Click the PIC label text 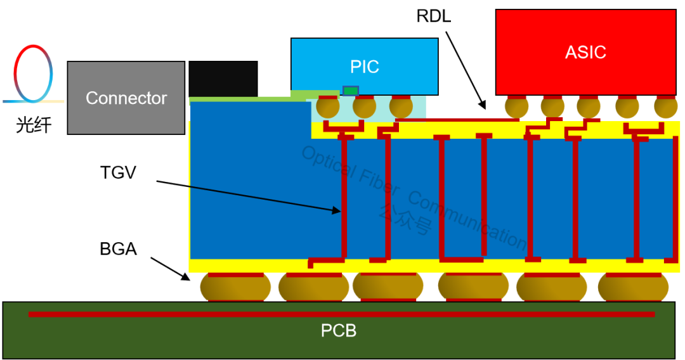coord(365,67)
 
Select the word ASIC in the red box coord(585,52)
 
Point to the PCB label coord(338,331)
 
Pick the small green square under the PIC coord(350,91)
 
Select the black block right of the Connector coord(223,79)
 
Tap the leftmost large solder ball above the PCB coord(235,287)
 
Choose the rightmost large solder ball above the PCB coord(633,287)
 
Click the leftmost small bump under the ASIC coord(516,107)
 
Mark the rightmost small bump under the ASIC coord(665,107)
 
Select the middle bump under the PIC coord(364,107)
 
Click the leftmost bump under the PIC coord(328,107)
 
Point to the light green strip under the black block coord(241,100)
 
